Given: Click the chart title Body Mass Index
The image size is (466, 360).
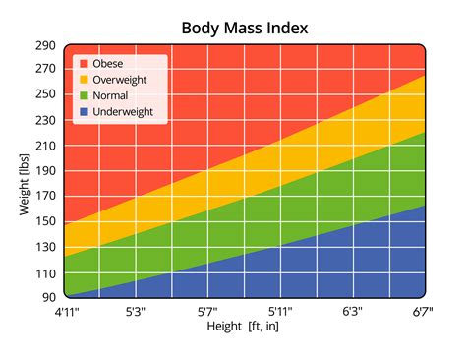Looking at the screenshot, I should [244, 27].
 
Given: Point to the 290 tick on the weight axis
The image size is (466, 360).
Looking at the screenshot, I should [46, 46].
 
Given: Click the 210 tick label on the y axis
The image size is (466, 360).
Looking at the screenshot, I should [46, 147].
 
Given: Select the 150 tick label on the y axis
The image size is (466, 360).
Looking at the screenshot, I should [46, 221].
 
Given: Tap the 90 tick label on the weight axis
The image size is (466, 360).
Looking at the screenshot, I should [49, 296].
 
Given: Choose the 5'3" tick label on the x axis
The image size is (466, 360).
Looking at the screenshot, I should [136, 312].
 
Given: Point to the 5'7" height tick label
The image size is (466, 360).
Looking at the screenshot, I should [208, 312].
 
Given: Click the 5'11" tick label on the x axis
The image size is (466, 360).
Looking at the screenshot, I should [280, 312].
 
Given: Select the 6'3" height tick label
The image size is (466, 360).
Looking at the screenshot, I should [353, 312].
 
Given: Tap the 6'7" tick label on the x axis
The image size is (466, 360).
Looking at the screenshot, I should [424, 312].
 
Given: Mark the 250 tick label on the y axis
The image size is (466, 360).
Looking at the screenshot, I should [46, 96].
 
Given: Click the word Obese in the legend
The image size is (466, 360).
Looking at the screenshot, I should [109, 64].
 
